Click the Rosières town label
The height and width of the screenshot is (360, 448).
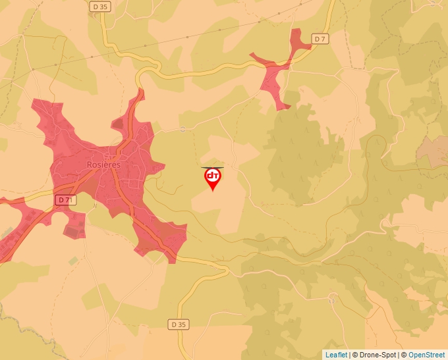(103, 165)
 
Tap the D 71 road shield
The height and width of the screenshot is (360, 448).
(64, 199)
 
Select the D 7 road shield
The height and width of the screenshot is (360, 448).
(320, 39)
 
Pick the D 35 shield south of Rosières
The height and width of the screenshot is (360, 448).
(179, 324)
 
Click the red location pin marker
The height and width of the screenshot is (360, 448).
(212, 178)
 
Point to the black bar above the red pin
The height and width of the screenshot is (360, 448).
(212, 167)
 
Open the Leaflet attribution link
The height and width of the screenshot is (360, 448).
(335, 355)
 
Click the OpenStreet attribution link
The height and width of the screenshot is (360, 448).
(426, 355)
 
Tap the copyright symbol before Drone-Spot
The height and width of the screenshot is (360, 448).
(354, 355)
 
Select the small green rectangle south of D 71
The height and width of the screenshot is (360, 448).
(73, 261)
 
